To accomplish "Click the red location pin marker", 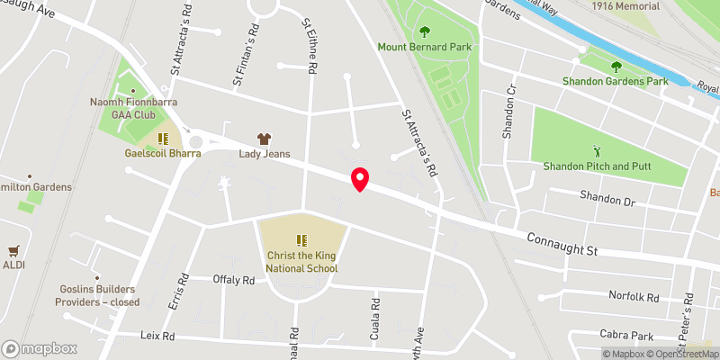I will [x=360, y=179].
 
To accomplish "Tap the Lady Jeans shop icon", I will [x=264, y=139].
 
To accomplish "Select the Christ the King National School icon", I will [x=301, y=240].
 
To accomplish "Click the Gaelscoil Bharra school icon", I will [x=164, y=139].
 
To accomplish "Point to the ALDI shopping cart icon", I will [x=13, y=250].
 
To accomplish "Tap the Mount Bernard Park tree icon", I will [x=424, y=32].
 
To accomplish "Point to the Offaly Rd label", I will [x=234, y=280].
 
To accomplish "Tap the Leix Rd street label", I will [x=157, y=336].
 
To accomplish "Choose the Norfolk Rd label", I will [x=634, y=296].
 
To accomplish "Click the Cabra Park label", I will [x=628, y=335].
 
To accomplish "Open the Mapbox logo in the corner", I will [x=40, y=348].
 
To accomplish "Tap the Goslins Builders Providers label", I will [x=98, y=295].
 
